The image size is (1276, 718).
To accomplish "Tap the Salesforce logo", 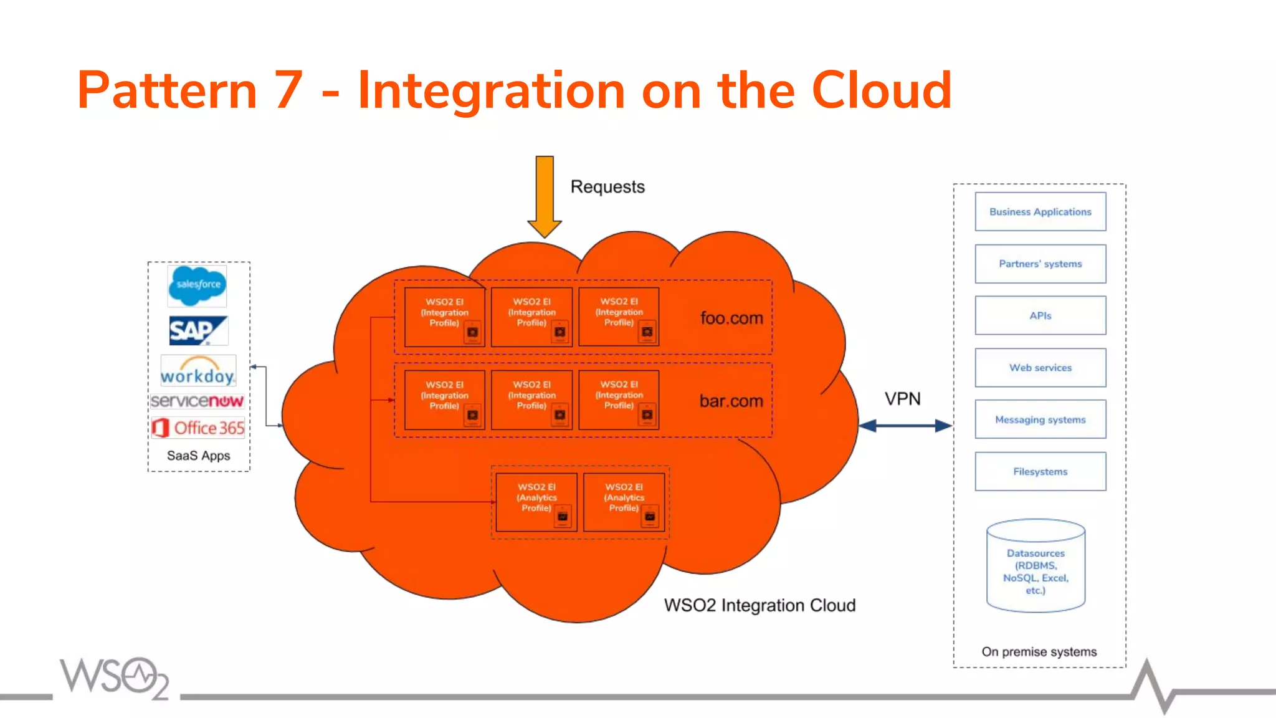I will tap(198, 285).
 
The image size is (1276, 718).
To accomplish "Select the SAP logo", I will tap(198, 330).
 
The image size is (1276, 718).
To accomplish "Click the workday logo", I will tap(198, 371).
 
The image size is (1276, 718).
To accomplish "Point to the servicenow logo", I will tap(198, 401).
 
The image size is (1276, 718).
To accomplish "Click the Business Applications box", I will tap(1040, 212).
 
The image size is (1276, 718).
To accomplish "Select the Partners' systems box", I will tap(1040, 264).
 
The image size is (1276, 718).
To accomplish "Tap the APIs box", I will tap(1040, 316).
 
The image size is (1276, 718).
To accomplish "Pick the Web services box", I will tap(1040, 368).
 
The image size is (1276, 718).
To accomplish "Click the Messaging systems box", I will tap(1040, 419).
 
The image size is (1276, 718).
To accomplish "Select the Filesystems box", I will tap(1040, 472).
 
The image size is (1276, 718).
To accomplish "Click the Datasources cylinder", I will tap(1036, 567).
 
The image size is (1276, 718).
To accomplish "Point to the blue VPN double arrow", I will tap(905, 426).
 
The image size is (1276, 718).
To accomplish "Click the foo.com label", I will tap(731, 318).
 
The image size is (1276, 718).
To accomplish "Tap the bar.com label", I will tap(731, 401).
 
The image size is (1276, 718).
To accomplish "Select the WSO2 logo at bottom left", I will tap(115, 677).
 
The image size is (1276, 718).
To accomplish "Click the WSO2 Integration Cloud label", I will tap(759, 605).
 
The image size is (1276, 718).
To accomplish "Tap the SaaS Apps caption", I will tap(198, 456).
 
